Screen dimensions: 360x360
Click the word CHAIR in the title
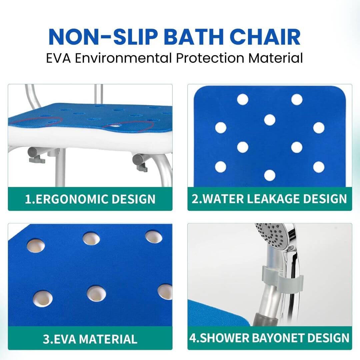265,37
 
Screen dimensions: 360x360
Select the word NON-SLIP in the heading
103,37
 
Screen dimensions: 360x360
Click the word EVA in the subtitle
58,58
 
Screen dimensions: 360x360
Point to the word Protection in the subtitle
210,58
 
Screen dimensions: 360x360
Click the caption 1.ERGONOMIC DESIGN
90,199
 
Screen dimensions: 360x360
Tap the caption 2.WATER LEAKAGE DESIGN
269,199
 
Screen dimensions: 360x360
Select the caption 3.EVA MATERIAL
90,339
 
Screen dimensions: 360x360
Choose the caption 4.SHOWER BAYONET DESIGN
269,338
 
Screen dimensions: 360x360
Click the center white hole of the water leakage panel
270,120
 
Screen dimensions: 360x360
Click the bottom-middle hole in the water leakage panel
270,175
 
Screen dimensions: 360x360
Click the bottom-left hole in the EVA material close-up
42,298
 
